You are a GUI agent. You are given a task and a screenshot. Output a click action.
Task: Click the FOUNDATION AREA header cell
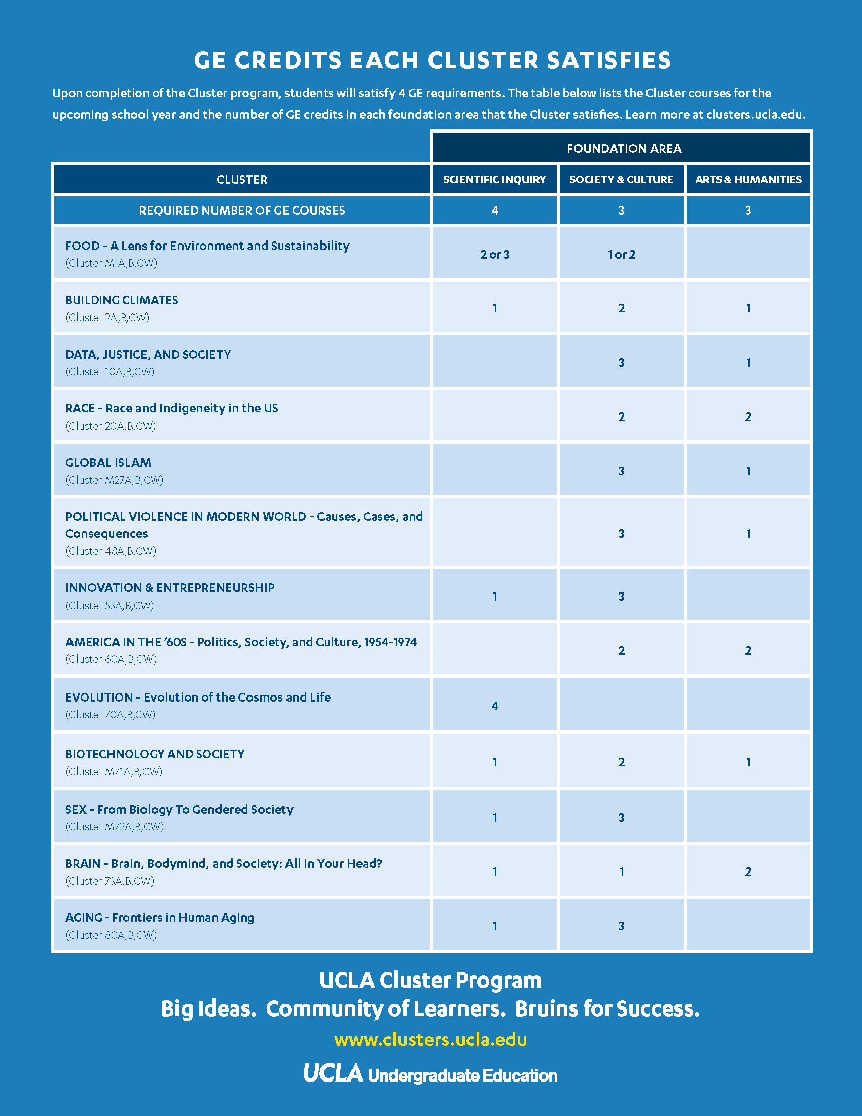point(624,148)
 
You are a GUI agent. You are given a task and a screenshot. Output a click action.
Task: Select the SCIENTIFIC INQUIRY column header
point(494,180)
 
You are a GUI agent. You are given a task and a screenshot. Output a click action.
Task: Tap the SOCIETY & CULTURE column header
point(621,180)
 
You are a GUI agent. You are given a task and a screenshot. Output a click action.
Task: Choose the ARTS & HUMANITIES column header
point(748,180)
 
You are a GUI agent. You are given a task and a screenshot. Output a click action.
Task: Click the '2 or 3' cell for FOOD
point(494,255)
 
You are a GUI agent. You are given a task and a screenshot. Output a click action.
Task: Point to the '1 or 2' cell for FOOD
point(621,255)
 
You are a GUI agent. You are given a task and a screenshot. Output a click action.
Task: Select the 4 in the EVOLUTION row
point(494,706)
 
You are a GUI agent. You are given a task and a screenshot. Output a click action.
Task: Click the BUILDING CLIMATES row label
point(122,300)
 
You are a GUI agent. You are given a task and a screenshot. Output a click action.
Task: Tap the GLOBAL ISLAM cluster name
point(109,463)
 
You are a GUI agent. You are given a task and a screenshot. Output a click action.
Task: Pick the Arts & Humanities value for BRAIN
point(748,871)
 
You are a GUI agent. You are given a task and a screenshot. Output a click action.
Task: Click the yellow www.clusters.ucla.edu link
point(430,1039)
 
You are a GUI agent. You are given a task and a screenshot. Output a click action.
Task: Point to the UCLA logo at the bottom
point(333,1073)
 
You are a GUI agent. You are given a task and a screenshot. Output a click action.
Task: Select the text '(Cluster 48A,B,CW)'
point(111,551)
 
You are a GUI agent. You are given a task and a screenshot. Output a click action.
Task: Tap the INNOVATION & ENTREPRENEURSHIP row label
point(169,587)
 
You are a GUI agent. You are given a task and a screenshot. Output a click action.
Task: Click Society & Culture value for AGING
point(621,926)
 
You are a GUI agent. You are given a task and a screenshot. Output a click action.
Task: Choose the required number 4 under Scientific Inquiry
point(494,210)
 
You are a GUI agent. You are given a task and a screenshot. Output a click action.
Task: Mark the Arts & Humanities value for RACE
point(748,416)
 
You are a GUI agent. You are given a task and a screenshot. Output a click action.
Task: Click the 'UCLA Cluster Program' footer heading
point(430,980)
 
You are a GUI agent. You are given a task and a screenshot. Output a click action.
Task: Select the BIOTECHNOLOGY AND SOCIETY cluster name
point(155,754)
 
